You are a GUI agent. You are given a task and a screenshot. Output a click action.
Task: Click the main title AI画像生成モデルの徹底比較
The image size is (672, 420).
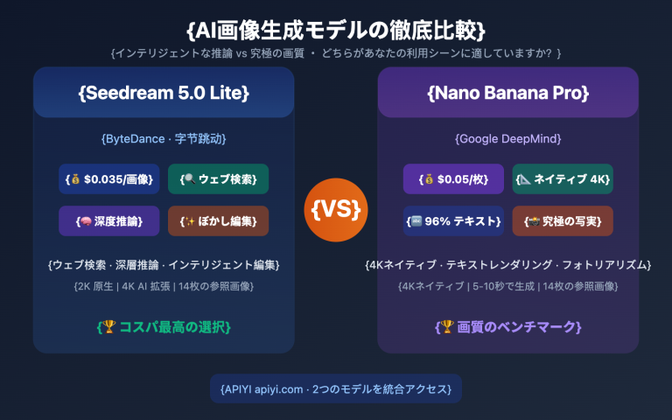click(336, 29)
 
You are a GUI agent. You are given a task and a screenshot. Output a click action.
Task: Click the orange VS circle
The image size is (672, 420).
click(336, 209)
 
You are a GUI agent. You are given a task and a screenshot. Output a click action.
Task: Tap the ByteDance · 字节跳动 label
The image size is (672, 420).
click(164, 138)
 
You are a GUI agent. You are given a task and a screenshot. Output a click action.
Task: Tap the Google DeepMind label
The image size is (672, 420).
click(507, 138)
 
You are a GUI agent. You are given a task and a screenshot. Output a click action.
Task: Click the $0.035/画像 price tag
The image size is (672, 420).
click(109, 178)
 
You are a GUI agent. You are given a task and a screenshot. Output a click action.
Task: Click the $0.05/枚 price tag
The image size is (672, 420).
click(453, 178)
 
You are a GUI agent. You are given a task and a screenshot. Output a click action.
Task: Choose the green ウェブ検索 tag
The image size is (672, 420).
click(218, 178)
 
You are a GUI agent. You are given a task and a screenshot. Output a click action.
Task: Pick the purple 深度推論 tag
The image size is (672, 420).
click(109, 220)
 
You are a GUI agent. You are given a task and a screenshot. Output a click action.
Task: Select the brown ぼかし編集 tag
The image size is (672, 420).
click(218, 220)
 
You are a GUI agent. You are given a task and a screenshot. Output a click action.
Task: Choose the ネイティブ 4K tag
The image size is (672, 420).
click(562, 178)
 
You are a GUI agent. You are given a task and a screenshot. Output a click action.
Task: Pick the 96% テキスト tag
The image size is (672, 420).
click(453, 220)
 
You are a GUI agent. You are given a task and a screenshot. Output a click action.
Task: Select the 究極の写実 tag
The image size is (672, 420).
click(562, 220)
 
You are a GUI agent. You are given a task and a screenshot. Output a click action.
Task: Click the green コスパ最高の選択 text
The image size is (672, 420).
click(164, 326)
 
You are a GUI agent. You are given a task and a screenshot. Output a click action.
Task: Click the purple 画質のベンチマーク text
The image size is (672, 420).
click(507, 326)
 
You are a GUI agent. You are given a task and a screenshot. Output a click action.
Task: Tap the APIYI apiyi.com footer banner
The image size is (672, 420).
click(336, 388)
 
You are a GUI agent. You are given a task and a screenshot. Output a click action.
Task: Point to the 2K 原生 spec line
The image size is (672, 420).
click(164, 285)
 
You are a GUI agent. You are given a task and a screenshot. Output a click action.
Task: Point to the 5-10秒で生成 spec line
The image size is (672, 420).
click(507, 285)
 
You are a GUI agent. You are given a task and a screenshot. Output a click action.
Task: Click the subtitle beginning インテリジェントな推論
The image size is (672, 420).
click(336, 53)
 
